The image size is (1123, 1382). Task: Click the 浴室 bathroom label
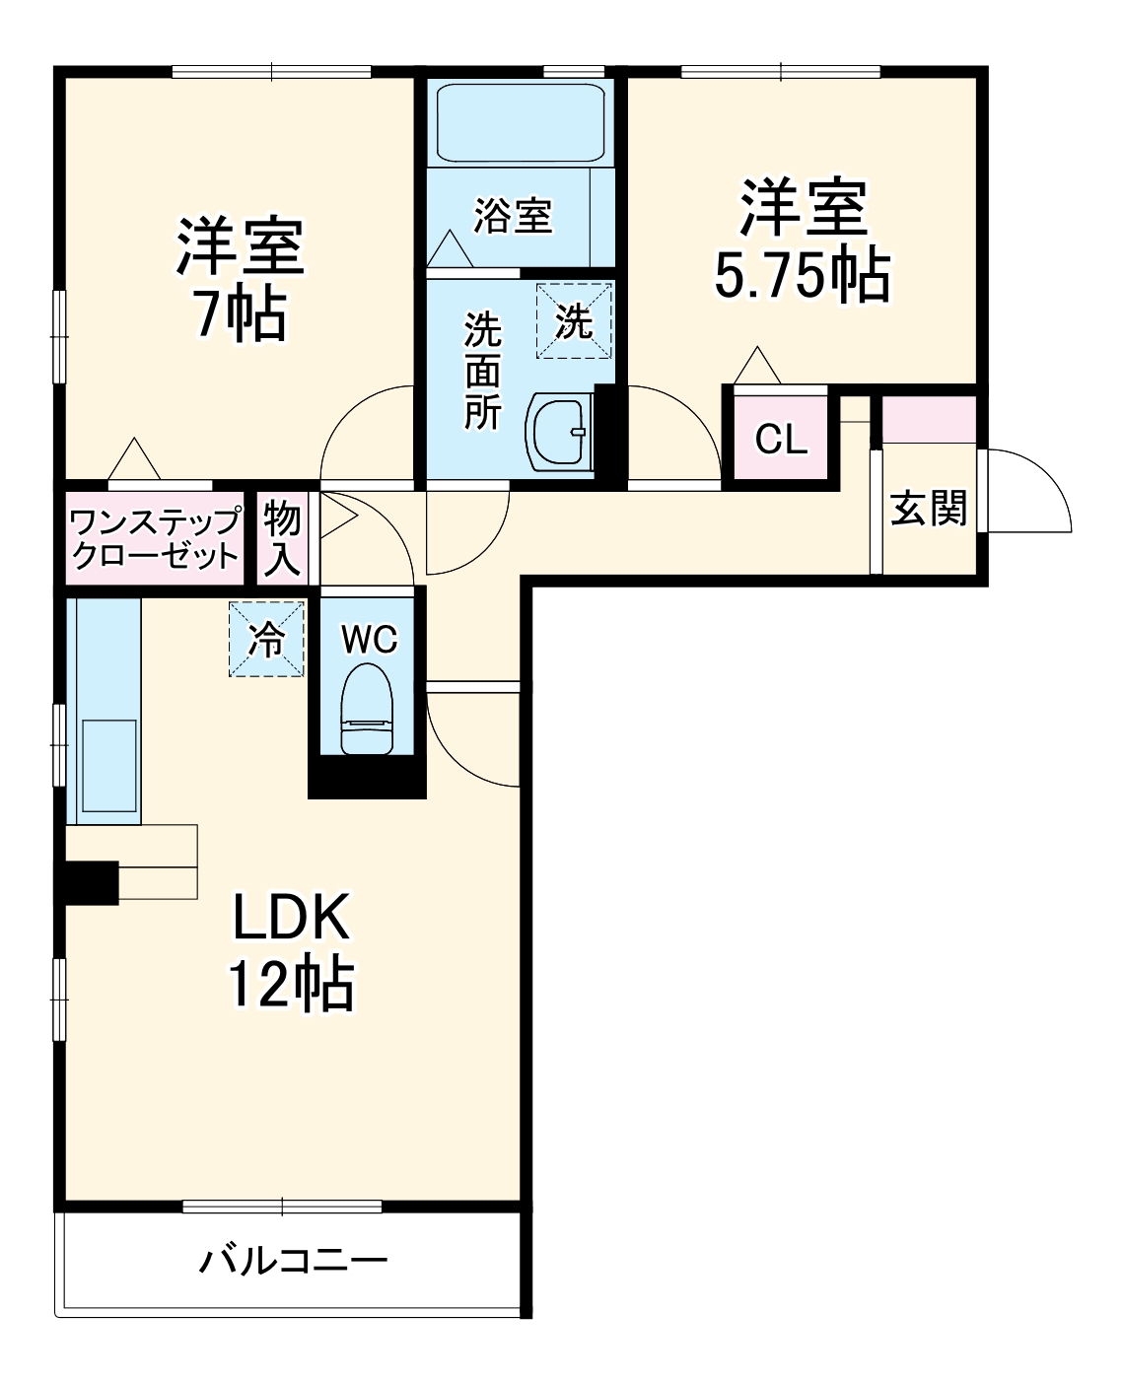point(513,215)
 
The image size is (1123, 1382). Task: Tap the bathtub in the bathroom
point(519,122)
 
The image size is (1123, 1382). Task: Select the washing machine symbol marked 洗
point(574,320)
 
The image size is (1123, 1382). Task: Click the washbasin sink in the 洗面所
point(559,431)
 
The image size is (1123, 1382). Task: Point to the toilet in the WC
point(367,708)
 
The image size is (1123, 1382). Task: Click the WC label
point(369,639)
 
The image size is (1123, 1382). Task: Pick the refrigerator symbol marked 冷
point(266,639)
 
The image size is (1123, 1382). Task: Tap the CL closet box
point(781,439)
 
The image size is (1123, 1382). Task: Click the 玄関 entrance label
point(929,509)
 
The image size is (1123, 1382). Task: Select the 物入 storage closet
point(282,537)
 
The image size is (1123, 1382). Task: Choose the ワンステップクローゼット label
point(156,538)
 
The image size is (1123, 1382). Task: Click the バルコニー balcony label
point(294,1260)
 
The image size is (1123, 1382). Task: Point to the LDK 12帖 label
point(291,951)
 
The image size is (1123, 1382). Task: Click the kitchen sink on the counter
point(108,763)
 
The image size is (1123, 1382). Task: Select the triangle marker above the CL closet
point(757,367)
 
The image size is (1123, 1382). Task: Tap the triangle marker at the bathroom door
point(451,248)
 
